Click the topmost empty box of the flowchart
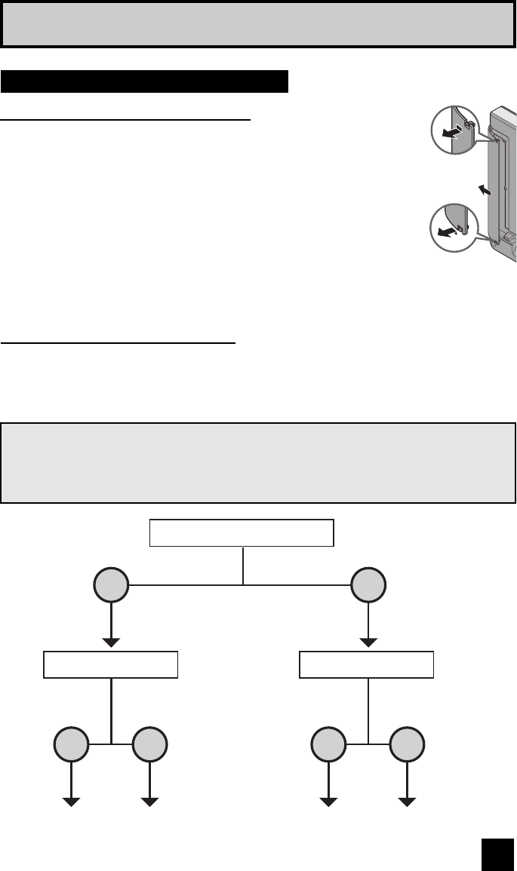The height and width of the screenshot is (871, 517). (242, 533)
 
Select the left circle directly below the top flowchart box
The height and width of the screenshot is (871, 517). (112, 586)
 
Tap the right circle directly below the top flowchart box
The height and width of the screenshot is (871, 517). (368, 586)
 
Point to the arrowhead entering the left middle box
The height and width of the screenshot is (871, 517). (112, 643)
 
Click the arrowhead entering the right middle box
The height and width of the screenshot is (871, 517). (368, 643)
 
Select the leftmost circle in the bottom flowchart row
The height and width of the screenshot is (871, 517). (72, 746)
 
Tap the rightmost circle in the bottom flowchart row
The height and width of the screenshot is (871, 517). (408, 746)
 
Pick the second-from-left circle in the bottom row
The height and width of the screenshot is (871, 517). (150, 746)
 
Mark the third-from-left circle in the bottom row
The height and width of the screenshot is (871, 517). (328, 746)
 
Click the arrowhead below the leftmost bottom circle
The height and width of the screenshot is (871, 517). (72, 802)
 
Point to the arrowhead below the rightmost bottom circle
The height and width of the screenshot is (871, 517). (408, 802)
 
